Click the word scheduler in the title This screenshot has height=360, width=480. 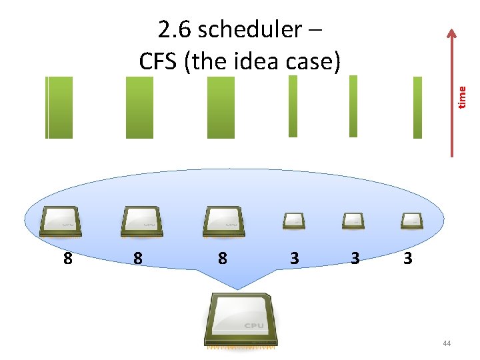(250, 31)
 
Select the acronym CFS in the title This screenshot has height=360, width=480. (159, 61)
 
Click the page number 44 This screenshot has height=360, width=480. (446, 343)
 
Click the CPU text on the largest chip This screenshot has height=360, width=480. (253, 326)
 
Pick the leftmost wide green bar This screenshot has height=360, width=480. (59, 107)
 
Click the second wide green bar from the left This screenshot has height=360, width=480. (139, 107)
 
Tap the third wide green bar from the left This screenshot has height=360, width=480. (221, 107)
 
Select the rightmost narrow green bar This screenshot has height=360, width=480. (418, 107)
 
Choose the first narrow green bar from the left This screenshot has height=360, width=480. (293, 106)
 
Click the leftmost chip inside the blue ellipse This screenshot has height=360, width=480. (61, 221)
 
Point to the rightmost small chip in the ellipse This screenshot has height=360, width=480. (412, 220)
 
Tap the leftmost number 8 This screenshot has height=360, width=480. (67, 257)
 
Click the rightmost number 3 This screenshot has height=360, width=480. (408, 257)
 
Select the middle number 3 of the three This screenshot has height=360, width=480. (355, 257)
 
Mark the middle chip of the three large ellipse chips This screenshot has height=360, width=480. (141, 221)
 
